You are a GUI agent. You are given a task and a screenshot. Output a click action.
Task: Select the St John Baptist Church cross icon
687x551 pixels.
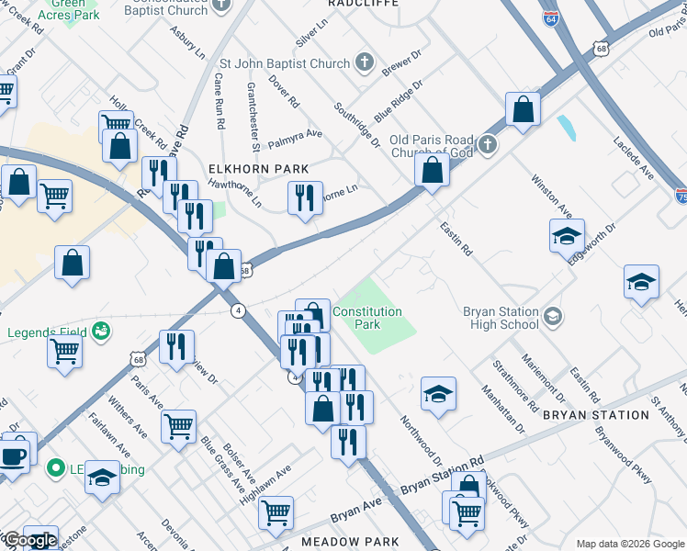[x=364, y=63]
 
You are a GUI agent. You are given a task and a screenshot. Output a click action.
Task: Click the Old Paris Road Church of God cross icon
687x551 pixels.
[x=487, y=144]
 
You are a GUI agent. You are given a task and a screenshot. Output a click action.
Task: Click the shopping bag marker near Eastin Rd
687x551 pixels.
[x=432, y=170]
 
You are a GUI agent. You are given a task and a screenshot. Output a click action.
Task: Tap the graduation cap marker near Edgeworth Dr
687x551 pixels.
[x=567, y=236]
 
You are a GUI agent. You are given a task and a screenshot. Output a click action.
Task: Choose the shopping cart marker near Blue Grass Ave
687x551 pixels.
[x=178, y=426]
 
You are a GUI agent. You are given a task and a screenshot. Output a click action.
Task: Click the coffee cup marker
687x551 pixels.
[x=13, y=456]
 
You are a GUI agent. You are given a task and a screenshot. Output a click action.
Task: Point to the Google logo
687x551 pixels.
[x=29, y=540]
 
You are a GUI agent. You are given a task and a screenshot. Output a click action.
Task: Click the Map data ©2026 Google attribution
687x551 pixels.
[x=629, y=544]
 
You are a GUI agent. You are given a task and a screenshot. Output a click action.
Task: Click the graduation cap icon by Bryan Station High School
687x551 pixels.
[x=552, y=317]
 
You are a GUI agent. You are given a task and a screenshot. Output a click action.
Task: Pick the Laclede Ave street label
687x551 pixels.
[x=634, y=160]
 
